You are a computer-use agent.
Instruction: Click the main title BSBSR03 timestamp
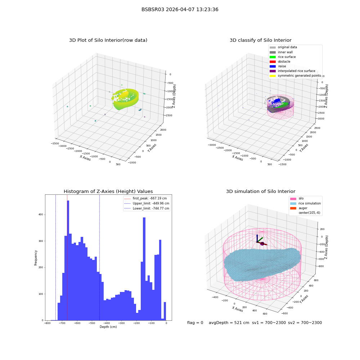(x=180, y=9)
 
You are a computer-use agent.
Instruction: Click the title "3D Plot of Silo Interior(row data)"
(x=108, y=40)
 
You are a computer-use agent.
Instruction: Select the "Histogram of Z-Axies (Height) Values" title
(x=108, y=191)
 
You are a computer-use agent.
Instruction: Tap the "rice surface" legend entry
(x=283, y=57)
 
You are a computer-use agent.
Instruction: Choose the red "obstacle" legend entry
(x=280, y=62)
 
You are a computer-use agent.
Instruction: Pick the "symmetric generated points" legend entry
(x=295, y=76)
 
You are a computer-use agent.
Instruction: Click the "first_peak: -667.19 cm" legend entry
(x=145, y=198)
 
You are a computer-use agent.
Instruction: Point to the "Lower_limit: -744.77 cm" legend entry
(x=147, y=208)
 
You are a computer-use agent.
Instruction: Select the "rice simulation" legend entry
(x=305, y=203)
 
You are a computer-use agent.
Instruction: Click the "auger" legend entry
(x=299, y=208)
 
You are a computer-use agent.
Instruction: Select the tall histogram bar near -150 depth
(x=144, y=269)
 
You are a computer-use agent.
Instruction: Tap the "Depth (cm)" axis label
(x=108, y=327)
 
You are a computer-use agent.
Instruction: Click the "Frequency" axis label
(x=36, y=258)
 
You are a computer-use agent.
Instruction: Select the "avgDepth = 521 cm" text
(x=229, y=323)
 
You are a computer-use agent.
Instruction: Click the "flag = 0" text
(x=195, y=323)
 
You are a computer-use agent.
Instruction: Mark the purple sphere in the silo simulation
(x=262, y=244)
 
